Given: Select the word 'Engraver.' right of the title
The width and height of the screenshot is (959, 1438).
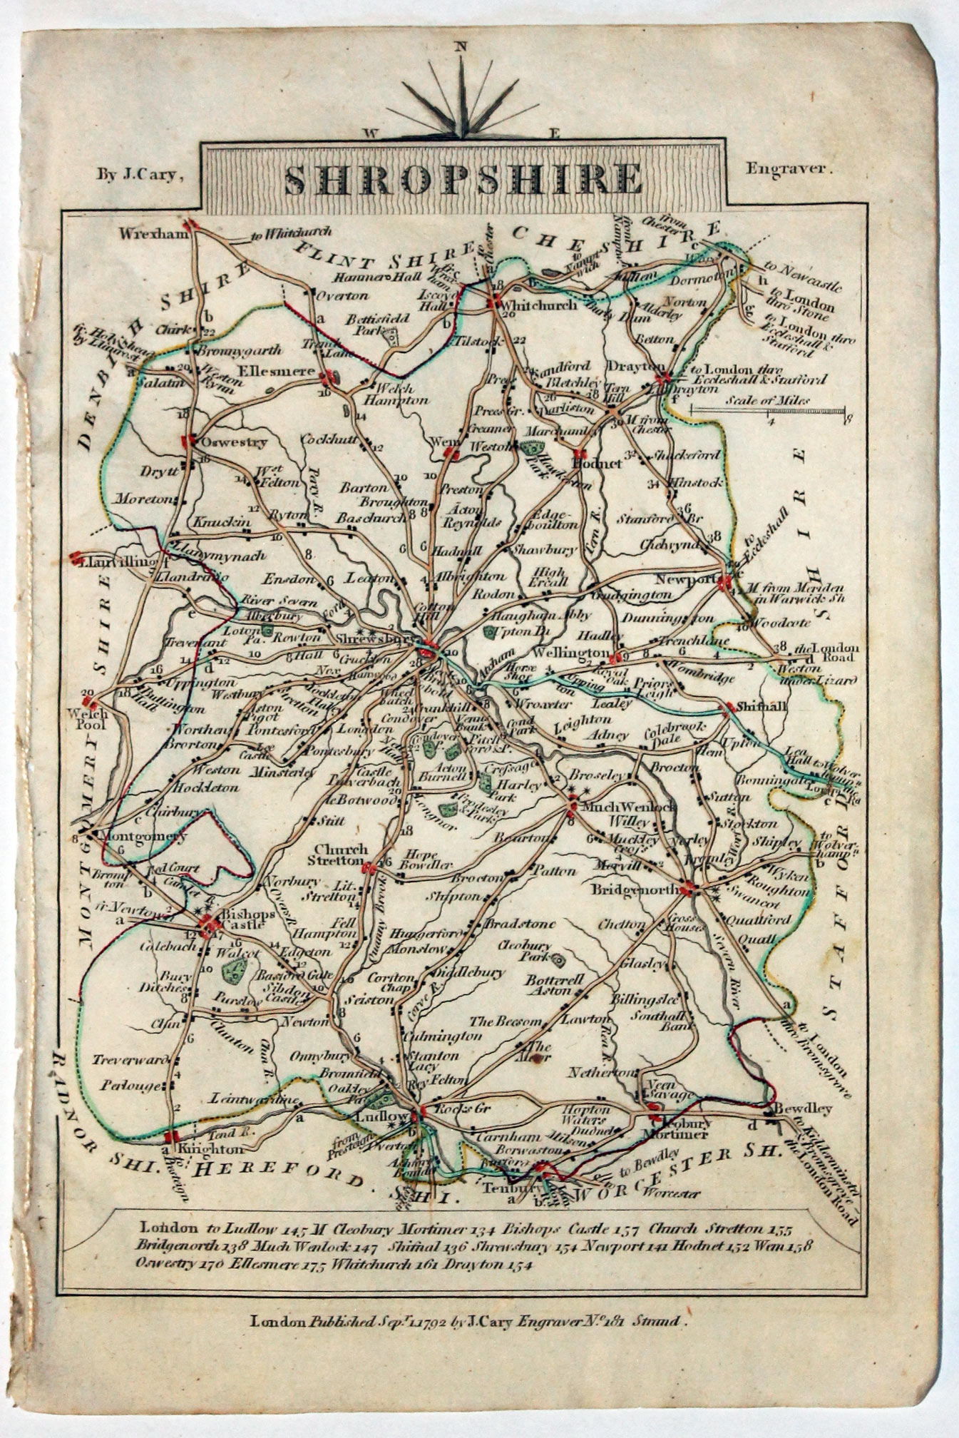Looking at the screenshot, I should click(x=789, y=170).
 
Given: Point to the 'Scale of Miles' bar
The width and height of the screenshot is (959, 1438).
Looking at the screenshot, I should click(x=769, y=409).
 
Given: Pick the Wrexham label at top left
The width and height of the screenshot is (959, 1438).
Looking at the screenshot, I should click(x=152, y=233).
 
